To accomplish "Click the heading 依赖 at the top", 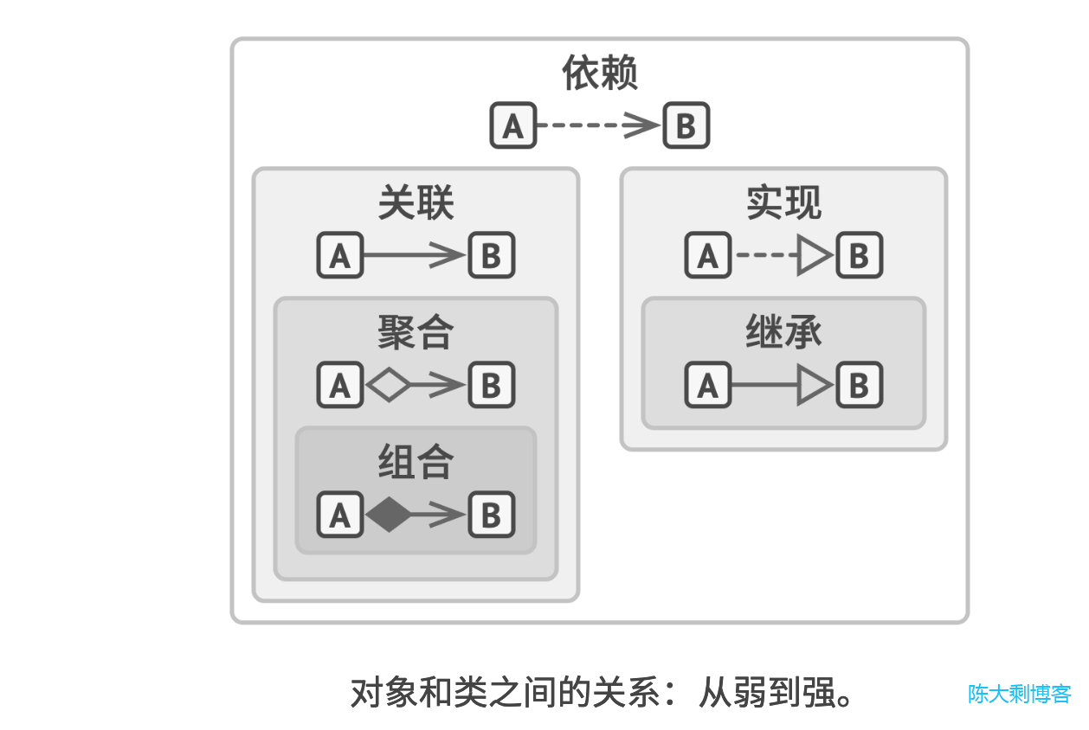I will point(600,73).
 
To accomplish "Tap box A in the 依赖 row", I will point(513,125).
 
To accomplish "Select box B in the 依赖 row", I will point(686,125).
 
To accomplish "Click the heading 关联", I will point(416,203).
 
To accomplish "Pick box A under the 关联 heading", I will point(339,255).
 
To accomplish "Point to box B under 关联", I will point(491,255).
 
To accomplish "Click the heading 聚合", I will point(416,332).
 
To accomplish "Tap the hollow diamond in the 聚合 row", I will point(389,385).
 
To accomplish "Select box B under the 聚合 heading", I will point(491,385).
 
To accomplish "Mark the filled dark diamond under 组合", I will point(389,515).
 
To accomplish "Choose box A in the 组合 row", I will point(339,515).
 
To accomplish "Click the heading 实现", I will point(783,203).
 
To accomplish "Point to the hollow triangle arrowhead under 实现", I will point(814,255).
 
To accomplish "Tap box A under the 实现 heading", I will point(707,255).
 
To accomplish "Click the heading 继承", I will point(783,332).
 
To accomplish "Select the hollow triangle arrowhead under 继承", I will point(814,385).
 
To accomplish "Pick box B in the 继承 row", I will point(859,385).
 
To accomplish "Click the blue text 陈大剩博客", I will point(1019,694).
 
